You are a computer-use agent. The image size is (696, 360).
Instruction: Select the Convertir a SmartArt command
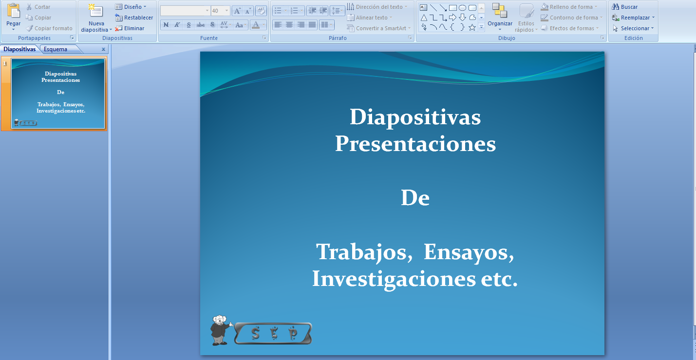point(380,28)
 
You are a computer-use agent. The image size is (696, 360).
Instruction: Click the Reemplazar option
point(633,18)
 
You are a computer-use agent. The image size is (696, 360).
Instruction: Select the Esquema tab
point(56,49)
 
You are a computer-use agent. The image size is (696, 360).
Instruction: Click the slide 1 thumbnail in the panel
point(58,94)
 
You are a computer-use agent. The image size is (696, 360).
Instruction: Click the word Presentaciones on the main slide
point(415,144)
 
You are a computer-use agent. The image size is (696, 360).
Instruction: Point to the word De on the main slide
point(415,198)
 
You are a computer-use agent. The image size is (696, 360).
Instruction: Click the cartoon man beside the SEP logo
point(220,330)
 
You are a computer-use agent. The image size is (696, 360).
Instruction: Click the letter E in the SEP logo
point(274,333)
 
